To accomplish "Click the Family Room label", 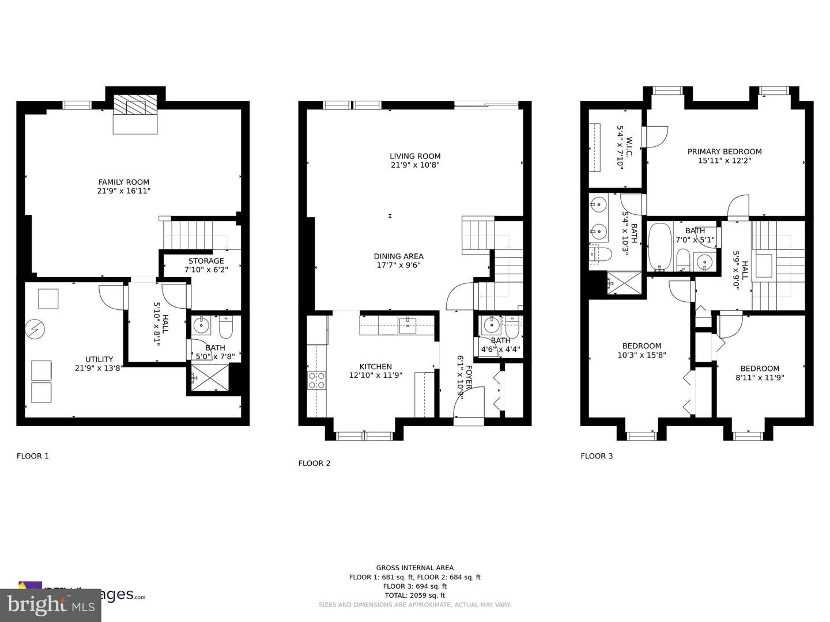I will pos(124,182).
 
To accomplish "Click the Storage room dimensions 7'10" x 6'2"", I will pos(206,270).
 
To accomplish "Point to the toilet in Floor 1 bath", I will pos(225,328).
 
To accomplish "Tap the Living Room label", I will pos(415,156).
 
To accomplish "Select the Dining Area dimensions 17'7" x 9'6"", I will pos(398,266).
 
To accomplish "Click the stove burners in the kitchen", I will pos(316,381).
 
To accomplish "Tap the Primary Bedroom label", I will pos(725,152).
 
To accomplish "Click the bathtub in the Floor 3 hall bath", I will pos(659,248).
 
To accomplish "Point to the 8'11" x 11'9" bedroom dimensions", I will pos(760,378).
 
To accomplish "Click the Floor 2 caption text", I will pos(314,463).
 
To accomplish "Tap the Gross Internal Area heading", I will pos(415,567).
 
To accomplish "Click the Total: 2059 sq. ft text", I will pos(415,596).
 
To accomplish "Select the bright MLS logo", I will pos(50,604).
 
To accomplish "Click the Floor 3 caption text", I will pos(597,456).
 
